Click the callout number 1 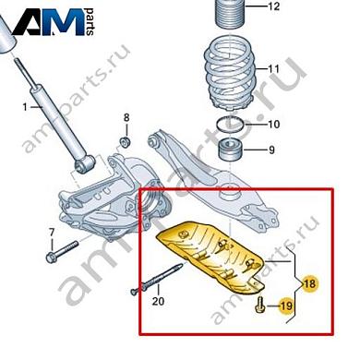point(26,108)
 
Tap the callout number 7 point(52,231)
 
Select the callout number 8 point(127,117)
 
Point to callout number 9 point(271,150)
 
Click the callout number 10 point(273,125)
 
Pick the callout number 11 point(273,69)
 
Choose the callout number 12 point(272,7)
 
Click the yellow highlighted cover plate point(212,254)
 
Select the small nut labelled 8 point(125,140)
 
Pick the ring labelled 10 point(228,124)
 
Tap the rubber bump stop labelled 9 point(228,150)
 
